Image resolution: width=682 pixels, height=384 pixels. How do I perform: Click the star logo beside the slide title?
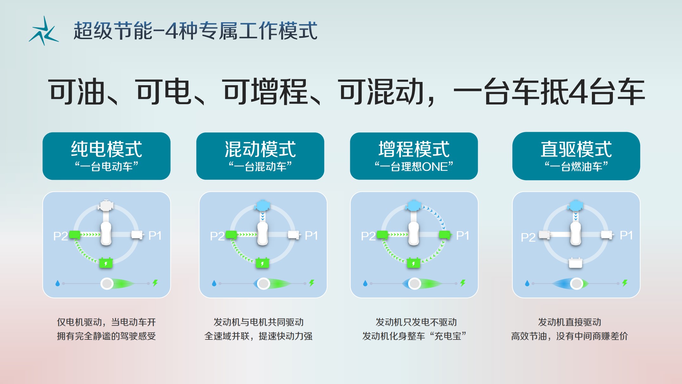click(44, 31)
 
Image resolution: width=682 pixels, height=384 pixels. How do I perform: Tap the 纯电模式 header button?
click(107, 156)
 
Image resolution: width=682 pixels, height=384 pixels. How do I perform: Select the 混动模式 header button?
click(260, 156)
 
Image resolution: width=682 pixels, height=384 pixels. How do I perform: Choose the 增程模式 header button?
click(414, 156)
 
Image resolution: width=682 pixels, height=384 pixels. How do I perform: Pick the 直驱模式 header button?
click(576, 156)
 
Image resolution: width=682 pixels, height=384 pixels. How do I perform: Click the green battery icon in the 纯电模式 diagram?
click(106, 263)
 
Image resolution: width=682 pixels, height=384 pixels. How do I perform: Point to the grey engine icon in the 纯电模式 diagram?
click(106, 205)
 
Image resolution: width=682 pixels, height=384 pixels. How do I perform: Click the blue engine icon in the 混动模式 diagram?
click(262, 205)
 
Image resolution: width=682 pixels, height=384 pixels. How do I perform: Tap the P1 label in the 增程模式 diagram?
click(462, 235)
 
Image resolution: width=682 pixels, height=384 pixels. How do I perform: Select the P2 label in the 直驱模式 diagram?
click(528, 237)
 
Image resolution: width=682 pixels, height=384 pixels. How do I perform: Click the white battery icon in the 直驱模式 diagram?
click(576, 263)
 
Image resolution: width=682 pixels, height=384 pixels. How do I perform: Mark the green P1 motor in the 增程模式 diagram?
click(445, 235)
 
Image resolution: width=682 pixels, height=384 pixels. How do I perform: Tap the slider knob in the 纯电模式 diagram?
click(107, 283)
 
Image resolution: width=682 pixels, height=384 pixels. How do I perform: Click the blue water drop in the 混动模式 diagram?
click(214, 283)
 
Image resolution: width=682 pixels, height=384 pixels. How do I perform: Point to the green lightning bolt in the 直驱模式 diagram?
click(625, 283)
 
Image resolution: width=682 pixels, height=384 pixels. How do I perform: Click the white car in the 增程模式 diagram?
click(414, 234)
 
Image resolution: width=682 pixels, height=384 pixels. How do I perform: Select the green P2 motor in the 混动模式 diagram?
click(231, 235)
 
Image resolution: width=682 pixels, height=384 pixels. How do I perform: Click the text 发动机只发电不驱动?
click(416, 322)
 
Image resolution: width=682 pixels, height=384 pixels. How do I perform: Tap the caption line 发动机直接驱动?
click(570, 322)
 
